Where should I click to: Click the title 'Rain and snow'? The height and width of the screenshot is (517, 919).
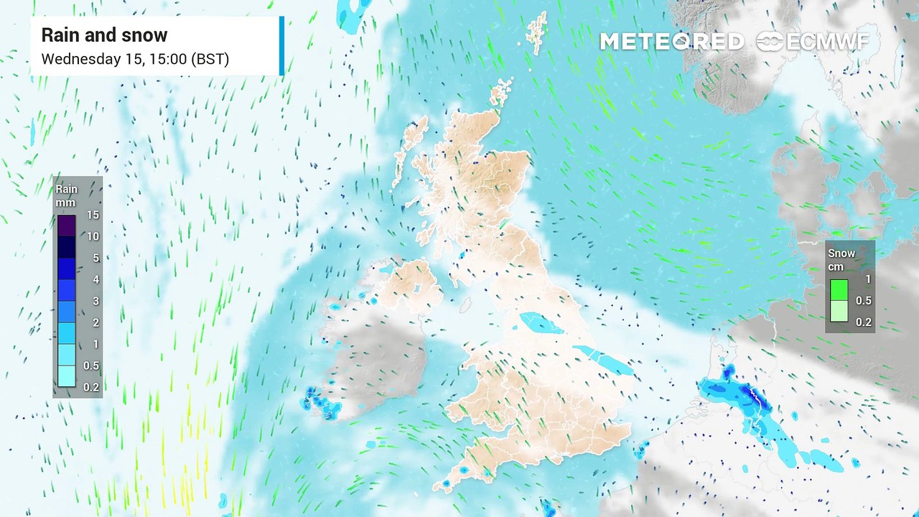point(104,35)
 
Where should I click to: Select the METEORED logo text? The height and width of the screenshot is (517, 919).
point(671,42)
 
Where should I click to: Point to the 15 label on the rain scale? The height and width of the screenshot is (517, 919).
point(93,215)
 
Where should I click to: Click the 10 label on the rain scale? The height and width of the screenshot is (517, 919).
point(93,236)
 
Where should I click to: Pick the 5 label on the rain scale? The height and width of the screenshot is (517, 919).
point(93,258)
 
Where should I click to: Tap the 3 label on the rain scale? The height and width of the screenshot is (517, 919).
point(93,301)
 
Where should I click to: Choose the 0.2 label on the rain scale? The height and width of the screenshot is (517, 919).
point(91,387)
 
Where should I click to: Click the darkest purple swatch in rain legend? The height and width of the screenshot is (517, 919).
point(67,225)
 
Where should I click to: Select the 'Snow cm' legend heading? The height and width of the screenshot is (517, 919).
point(841,260)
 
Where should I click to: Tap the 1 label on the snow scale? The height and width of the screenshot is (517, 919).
point(868,279)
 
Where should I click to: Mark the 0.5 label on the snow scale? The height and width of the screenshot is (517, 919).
point(864,300)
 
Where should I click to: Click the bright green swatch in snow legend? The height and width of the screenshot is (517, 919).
point(839,289)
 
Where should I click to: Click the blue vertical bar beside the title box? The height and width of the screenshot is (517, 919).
point(281,46)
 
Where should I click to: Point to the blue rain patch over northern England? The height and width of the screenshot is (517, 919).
point(541,323)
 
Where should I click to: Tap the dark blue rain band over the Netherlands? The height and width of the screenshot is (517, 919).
point(747,395)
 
